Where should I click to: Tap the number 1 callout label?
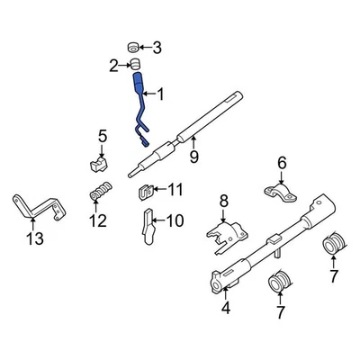[161, 94]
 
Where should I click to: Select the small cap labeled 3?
[133, 46]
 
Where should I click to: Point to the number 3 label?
[157, 47]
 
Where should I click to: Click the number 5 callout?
[102, 136]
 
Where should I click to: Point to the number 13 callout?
[34, 238]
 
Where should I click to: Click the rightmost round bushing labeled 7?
[334, 245]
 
